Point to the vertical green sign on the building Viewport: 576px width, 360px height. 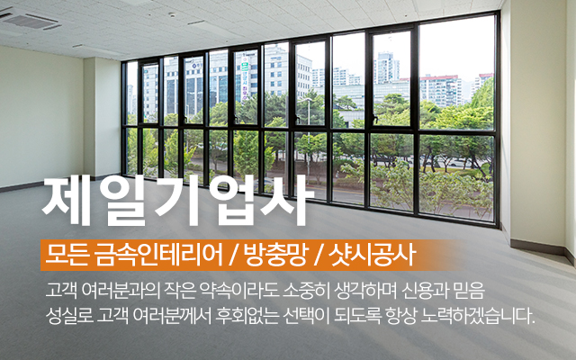click(x=244, y=79)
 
